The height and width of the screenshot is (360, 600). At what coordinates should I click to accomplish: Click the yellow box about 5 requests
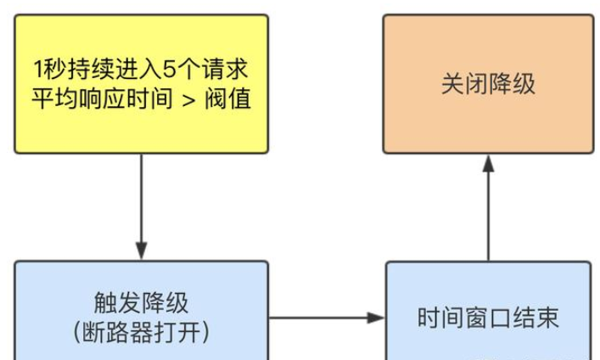[x=141, y=83]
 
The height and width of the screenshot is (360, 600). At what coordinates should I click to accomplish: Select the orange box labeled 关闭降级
[x=488, y=83]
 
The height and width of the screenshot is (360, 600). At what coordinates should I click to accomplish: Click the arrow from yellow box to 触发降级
[x=141, y=204]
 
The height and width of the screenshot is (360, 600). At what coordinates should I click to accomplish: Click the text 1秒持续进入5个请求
[x=141, y=68]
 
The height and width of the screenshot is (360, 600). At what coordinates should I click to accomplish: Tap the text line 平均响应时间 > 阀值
[x=141, y=100]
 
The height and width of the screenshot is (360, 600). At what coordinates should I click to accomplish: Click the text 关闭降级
[x=488, y=83]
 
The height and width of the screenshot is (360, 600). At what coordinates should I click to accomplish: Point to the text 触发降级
[x=141, y=302]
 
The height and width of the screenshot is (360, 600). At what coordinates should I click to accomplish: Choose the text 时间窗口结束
[x=488, y=318]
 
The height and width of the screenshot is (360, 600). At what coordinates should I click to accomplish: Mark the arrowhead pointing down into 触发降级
[x=141, y=252]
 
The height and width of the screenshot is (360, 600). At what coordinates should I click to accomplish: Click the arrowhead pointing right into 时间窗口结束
[x=377, y=318]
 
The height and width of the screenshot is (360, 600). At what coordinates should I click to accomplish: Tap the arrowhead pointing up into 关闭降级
[x=488, y=163]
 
